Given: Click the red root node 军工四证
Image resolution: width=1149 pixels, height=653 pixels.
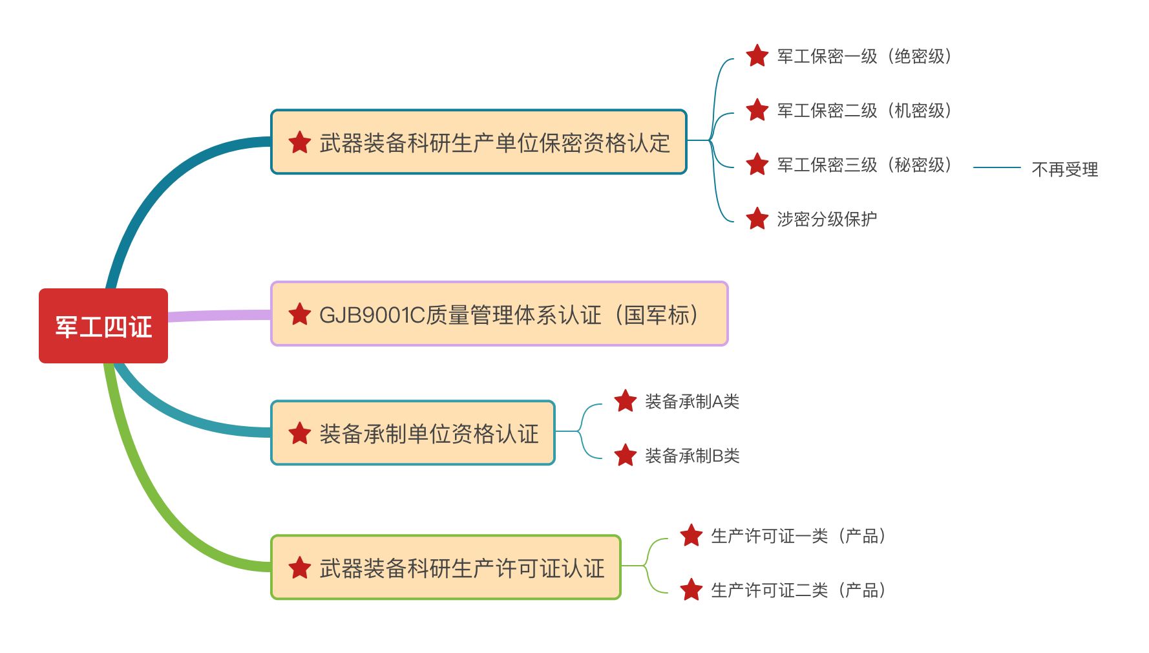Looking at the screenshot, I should (103, 326).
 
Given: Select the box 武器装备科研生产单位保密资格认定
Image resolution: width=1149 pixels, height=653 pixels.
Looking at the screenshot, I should (478, 142).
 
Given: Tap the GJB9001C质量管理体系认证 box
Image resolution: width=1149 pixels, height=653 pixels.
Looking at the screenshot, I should (499, 314).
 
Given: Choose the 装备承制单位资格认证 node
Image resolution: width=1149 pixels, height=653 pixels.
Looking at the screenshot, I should (413, 433).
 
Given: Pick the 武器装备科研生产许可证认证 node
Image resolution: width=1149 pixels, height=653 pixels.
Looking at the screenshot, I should (446, 568).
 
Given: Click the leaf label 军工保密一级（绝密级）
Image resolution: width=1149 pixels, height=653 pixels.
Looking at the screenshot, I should (863, 56).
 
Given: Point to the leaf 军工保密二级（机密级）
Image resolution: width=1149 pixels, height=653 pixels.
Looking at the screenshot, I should (863, 111).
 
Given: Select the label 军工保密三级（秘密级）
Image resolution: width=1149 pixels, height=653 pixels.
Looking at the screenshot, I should (863, 165).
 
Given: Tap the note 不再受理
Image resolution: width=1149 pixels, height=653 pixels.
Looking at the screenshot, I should (1064, 169).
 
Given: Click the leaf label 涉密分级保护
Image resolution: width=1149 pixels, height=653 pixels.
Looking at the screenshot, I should (827, 219).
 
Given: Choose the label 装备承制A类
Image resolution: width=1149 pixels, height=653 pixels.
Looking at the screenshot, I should (691, 401).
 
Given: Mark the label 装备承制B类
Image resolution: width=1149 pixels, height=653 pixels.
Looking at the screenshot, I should (691, 456).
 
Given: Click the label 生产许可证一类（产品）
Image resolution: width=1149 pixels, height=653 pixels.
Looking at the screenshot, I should (797, 536).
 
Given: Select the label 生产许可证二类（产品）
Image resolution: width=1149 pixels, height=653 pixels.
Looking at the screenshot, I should (797, 590).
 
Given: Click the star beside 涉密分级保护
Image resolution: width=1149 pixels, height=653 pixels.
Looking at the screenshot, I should (757, 219).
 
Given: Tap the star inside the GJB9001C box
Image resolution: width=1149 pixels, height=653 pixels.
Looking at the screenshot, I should (300, 314).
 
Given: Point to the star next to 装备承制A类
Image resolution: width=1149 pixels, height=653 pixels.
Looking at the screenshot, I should (625, 401).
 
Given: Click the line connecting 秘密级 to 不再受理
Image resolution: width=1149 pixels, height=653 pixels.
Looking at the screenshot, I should (996, 167).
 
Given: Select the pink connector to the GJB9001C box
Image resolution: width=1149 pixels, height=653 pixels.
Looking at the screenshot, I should (220, 316).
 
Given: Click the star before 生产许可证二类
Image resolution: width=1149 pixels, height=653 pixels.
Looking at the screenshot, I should (691, 590).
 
